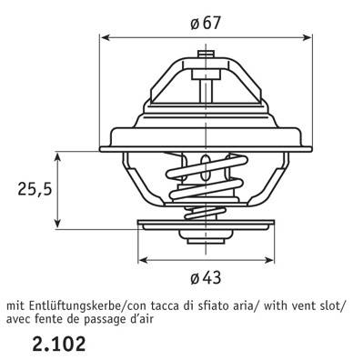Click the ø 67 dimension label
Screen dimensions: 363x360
[x=206, y=23]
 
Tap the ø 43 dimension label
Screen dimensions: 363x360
[x=206, y=277]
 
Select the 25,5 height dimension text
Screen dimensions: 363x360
[x=35, y=189]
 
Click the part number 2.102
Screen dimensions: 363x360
[x=59, y=344]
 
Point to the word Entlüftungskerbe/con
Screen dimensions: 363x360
[x=77, y=306]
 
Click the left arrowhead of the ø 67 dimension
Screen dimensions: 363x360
[x=105, y=37]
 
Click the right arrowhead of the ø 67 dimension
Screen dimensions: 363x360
[x=307, y=37]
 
